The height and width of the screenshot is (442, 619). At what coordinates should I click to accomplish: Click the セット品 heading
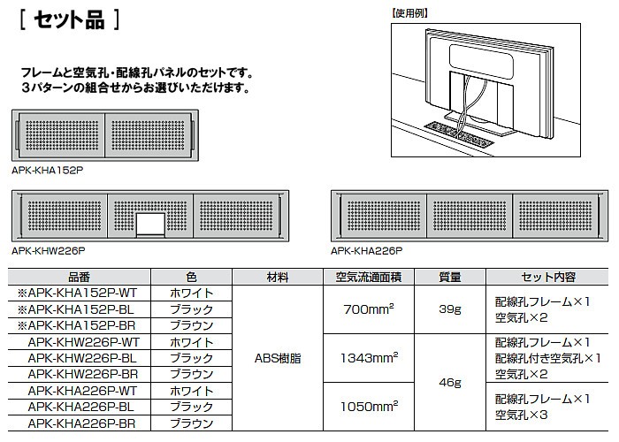pos(69,19)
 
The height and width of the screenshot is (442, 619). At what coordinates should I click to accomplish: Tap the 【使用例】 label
pos(409,13)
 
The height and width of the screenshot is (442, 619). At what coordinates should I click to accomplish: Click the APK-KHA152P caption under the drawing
pos(48,171)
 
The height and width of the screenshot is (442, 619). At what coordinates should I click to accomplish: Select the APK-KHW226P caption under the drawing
pos(48,251)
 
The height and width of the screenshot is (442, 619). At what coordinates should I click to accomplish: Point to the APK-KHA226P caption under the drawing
pos(367,251)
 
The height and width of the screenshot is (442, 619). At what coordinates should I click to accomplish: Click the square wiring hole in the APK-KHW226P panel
pos(150,225)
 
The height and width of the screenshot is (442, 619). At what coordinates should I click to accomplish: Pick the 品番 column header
pos(79,277)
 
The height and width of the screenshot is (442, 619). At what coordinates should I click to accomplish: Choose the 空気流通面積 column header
pos(369,277)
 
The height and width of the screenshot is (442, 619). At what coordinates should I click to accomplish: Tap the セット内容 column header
pos(548,277)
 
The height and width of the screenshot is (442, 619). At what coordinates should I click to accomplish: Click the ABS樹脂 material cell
pos(278,358)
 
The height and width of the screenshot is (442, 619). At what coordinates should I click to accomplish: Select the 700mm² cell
pos(369,309)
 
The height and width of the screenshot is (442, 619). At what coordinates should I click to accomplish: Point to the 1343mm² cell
pos(369,357)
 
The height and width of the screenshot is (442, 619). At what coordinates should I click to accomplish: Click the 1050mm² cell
pos(369,406)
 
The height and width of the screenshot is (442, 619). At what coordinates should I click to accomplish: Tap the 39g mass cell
pos(450,309)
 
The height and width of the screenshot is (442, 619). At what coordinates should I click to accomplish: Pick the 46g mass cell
pos(450,383)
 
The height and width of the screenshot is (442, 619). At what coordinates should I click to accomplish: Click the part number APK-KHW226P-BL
pos(82,358)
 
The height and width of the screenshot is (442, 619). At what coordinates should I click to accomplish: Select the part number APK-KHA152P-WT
pos(77,293)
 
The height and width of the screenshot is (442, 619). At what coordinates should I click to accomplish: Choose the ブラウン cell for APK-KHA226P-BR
pos(192,423)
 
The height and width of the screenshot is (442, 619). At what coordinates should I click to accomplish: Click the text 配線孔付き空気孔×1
pos(548,358)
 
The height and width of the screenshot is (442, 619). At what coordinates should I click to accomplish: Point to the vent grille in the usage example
pos(458,133)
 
